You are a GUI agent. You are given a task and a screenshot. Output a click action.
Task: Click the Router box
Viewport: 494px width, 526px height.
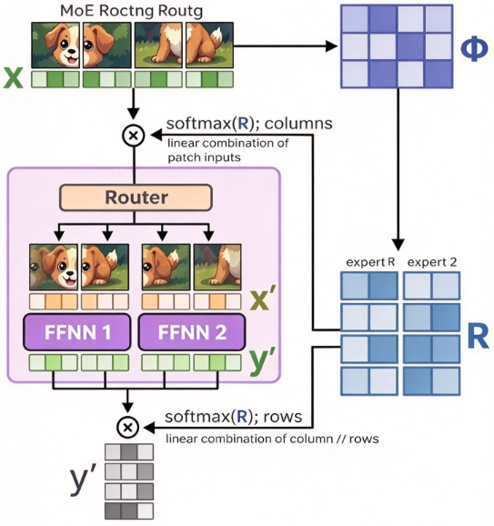click(136, 197)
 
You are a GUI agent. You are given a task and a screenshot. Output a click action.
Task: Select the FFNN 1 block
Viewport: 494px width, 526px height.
click(77, 332)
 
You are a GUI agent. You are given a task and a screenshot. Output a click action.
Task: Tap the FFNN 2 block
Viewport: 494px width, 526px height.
click(192, 332)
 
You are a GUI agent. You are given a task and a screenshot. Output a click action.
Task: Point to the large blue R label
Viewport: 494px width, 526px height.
click(478, 337)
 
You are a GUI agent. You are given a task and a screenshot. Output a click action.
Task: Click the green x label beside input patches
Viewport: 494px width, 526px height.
click(13, 78)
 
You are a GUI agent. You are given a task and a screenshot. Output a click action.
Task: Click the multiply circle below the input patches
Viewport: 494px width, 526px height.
click(134, 136)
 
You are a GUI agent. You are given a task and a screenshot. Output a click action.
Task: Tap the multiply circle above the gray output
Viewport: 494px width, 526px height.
click(127, 428)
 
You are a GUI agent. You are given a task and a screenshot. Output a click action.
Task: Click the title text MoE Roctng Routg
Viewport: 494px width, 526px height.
click(132, 11)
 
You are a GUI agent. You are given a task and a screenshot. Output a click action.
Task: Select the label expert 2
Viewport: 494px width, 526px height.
click(432, 262)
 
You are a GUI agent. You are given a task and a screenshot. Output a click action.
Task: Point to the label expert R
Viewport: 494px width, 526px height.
click(370, 262)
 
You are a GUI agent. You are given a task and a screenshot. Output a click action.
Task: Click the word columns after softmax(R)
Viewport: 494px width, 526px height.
click(298, 124)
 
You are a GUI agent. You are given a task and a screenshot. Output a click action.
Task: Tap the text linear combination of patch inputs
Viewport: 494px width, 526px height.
click(227, 150)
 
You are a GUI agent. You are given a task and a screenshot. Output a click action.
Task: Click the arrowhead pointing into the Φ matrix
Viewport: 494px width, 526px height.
click(332, 46)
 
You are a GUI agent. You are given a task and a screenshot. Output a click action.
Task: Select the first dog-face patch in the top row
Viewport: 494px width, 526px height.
click(55, 46)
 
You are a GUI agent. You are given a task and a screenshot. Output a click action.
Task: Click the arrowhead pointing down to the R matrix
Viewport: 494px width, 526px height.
click(398, 245)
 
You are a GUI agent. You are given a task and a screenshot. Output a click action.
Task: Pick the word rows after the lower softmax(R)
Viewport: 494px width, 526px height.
click(283, 417)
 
